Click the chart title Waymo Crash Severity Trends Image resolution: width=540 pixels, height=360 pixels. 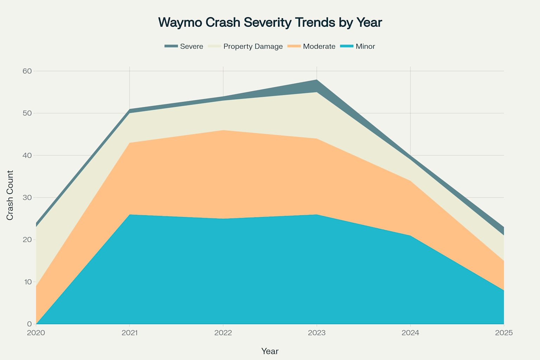pos(270,22)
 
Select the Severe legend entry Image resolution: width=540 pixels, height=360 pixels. pos(184,46)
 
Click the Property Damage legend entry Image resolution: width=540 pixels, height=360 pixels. pos(245,46)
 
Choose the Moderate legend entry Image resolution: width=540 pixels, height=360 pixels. pos(311,46)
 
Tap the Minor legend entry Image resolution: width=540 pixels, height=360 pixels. pos(358,46)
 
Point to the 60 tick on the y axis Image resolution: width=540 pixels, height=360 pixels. pos(27,71)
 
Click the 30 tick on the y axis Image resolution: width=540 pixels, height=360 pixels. pos(27,198)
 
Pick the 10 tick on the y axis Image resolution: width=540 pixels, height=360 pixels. pos(27,282)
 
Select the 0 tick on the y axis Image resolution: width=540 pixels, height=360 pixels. pos(29,324)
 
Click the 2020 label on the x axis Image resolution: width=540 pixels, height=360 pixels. pos(36,333)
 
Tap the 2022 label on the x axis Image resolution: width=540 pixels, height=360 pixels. pos(223,333)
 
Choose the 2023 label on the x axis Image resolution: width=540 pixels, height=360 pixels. pos(317,333)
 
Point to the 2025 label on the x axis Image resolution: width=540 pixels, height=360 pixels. pos(504,333)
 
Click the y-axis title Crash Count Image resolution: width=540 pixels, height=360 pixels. pos(10,195)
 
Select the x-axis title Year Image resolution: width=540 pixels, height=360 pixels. pos(270,351)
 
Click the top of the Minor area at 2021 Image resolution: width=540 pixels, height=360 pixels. pos(130,214)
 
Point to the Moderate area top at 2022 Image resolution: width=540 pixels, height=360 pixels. pos(223,130)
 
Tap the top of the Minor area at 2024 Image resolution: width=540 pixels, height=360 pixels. pos(410,236)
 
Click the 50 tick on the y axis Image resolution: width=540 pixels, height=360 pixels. pos(27,113)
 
